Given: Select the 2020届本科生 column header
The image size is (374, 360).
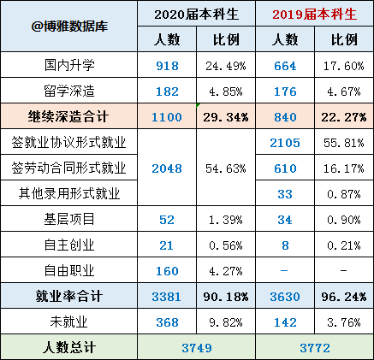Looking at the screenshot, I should point(196,15).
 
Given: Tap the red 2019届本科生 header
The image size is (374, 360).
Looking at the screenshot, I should point(313,15).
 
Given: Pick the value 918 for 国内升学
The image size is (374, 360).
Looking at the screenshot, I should point(166,65).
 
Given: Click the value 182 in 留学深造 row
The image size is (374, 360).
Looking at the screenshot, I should point(166,90).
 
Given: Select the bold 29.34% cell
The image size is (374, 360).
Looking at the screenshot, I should point(226,115).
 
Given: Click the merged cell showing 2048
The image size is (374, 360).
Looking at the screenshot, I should point(166,168).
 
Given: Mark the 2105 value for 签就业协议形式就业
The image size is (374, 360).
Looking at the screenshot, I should point(285,142).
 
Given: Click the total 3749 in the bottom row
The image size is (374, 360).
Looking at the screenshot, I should point(196,347).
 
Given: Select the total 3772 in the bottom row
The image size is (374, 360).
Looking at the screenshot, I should point(313,347).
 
